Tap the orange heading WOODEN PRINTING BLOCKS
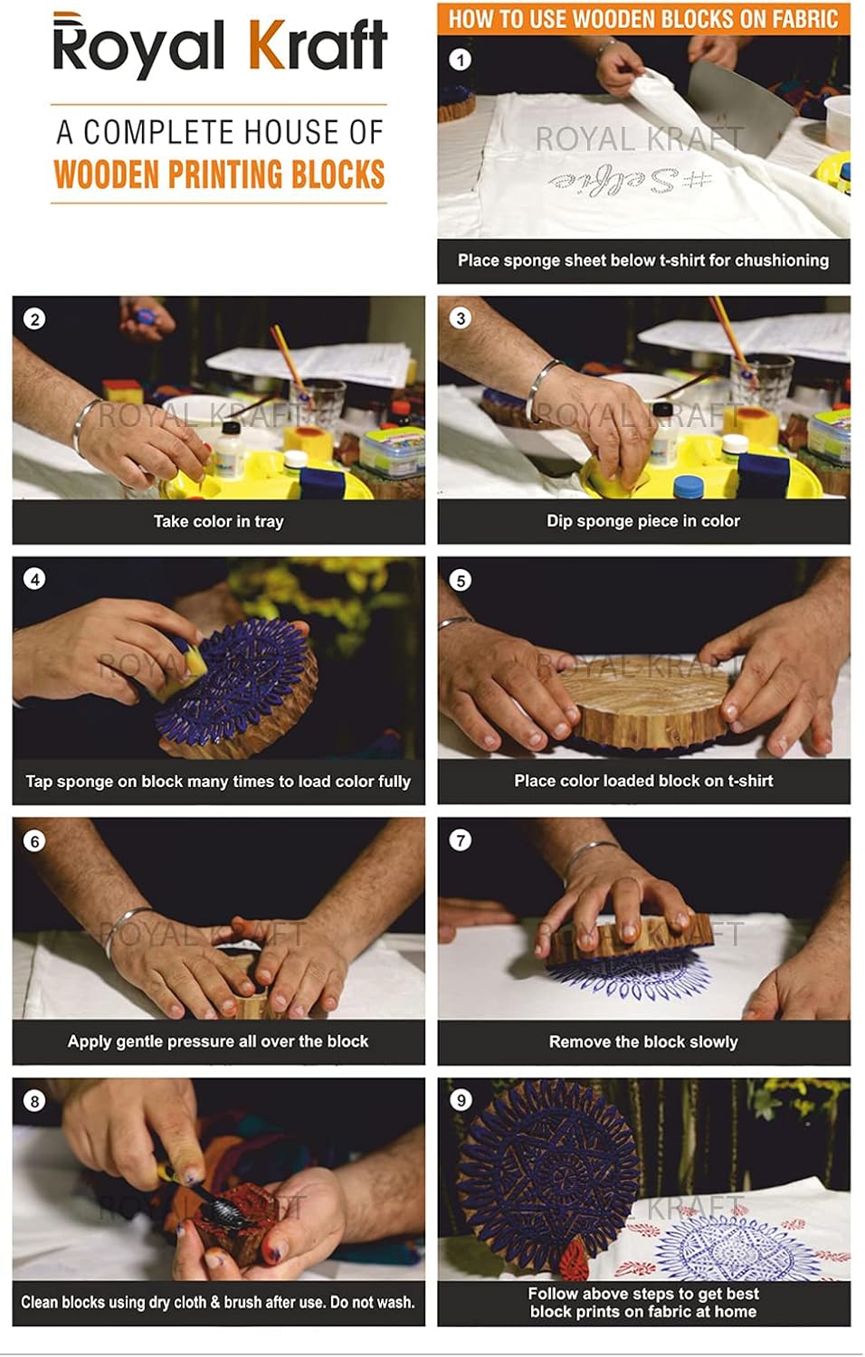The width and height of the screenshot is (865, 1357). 219,175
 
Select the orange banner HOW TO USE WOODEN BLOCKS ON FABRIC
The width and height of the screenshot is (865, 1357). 643,18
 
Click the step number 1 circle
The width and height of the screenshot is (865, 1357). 460,60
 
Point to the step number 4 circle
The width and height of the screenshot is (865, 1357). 34,579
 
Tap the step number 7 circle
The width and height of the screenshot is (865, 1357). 460,840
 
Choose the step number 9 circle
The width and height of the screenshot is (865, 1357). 461,1100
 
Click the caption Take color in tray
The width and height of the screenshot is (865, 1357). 218,521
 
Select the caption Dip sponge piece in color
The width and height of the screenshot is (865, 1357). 642,521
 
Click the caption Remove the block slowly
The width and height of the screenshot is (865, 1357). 642,1041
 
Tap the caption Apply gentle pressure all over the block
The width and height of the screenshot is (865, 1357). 218,1041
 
